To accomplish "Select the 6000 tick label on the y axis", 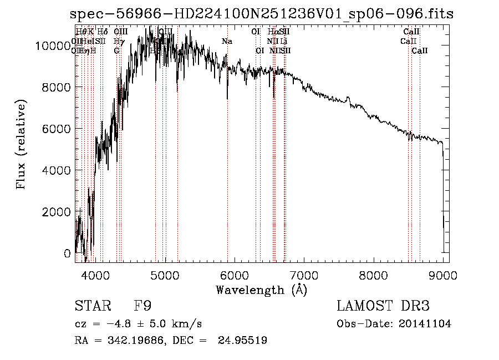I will [58, 129].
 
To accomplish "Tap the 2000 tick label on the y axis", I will [58, 212].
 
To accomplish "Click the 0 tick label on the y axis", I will [67, 253].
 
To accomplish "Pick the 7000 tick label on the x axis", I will [304, 275].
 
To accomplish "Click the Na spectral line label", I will [227, 41].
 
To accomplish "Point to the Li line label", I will [283, 41].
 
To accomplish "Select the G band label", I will [117, 50].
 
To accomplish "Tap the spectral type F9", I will [143, 306].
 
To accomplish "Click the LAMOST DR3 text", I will [383, 306].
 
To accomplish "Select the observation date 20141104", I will [425, 324].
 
